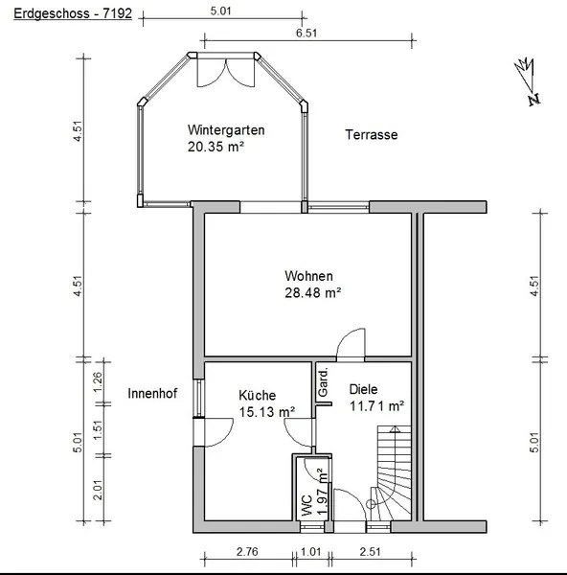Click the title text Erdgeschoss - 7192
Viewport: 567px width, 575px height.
tap(73, 13)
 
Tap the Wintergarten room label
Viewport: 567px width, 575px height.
tap(226, 130)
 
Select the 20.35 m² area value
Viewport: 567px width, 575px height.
tap(215, 147)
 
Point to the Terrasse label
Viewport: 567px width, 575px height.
tap(372, 134)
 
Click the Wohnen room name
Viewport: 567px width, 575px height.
tap(309, 276)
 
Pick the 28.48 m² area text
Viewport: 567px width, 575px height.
tap(313, 292)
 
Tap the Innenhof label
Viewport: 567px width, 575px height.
tap(152, 394)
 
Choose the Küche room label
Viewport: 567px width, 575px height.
tap(258, 395)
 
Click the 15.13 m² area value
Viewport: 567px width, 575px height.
tap(267, 412)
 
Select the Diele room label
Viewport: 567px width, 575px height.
tap(363, 389)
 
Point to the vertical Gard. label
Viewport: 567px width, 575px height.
tap(323, 382)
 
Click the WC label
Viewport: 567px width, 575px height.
tap(306, 505)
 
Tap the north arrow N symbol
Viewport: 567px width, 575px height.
tap(534, 100)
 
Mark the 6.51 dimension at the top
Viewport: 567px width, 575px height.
tap(306, 33)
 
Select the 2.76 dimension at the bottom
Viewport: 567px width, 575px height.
tap(247, 552)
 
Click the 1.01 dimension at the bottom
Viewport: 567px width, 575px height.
tap(311, 552)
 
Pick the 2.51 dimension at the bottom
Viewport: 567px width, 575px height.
tap(371, 552)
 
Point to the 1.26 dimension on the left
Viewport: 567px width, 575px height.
tap(98, 381)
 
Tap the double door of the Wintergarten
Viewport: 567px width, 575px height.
tap(226, 73)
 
